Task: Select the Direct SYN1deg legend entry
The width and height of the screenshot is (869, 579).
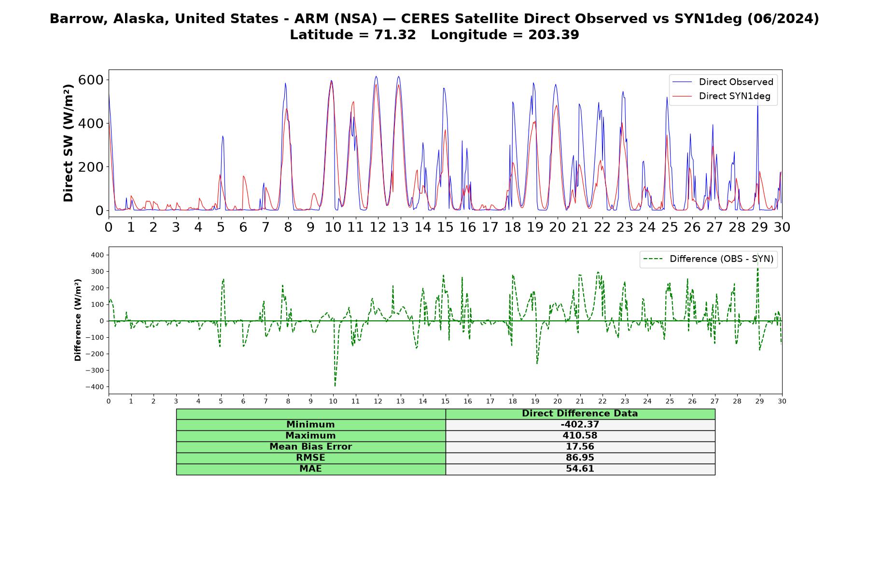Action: (721, 96)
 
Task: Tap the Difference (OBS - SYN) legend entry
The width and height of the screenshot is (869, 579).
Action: (708, 259)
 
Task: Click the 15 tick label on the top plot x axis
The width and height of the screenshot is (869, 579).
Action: (445, 227)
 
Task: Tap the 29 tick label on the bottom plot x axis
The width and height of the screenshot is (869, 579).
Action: (759, 401)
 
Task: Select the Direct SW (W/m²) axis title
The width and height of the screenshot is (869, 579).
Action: (69, 143)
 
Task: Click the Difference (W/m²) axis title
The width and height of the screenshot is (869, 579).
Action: (78, 320)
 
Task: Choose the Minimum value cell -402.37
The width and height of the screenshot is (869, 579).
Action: (580, 425)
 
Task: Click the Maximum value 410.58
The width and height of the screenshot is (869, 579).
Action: (580, 436)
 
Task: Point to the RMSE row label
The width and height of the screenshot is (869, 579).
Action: (310, 458)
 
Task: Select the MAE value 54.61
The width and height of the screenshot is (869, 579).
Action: (580, 469)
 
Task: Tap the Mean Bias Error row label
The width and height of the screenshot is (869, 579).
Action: (310, 447)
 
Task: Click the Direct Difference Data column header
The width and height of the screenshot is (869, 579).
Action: (580, 414)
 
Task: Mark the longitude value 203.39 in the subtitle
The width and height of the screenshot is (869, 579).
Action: (554, 35)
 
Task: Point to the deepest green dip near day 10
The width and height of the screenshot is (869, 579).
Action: (335, 386)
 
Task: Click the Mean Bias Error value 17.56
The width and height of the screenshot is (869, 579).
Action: (580, 447)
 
